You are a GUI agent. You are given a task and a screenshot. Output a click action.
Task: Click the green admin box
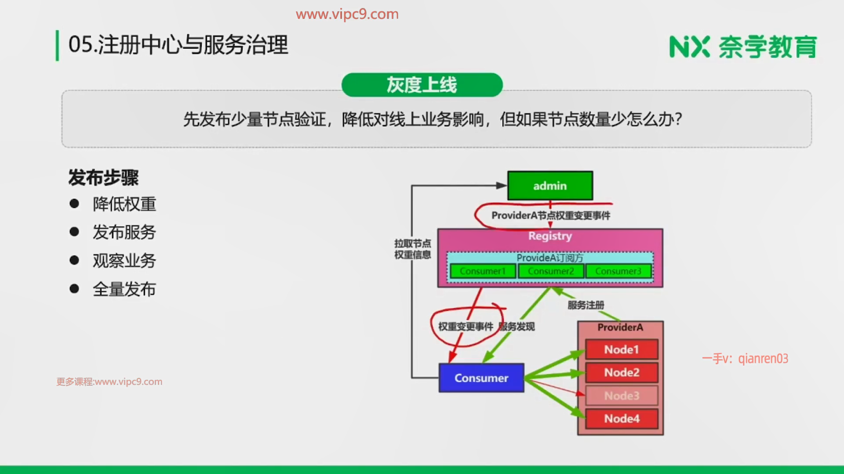[550, 186]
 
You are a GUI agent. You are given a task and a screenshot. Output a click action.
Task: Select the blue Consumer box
[481, 378]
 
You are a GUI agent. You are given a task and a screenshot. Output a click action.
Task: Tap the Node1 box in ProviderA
[622, 349]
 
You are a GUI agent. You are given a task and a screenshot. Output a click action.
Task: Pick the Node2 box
[622, 372]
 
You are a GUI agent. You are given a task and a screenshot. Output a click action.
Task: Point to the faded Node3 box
[622, 395]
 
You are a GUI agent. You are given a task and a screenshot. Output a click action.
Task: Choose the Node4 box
[622, 418]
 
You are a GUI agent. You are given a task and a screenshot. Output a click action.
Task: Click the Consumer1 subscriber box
[483, 271]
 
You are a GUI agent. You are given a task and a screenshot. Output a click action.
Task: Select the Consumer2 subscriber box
[551, 271]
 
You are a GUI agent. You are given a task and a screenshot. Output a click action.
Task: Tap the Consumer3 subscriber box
[618, 271]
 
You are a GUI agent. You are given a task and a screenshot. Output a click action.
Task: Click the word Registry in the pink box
[550, 236]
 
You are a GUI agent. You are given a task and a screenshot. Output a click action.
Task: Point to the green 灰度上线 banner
[422, 85]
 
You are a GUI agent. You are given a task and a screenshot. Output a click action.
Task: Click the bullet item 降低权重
[124, 204]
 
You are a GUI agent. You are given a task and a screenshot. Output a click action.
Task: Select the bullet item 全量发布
[124, 289]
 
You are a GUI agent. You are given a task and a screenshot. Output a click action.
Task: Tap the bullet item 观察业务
[124, 261]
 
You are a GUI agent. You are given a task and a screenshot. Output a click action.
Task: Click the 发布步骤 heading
[103, 178]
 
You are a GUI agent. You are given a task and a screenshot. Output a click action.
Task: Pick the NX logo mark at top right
[689, 47]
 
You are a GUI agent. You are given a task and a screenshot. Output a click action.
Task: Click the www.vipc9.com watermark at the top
[347, 14]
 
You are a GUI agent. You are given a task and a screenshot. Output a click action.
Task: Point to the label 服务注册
[586, 305]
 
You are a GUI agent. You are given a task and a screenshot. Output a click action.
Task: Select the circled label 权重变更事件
[466, 327]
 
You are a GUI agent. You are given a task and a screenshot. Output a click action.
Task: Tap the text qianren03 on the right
[763, 359]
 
